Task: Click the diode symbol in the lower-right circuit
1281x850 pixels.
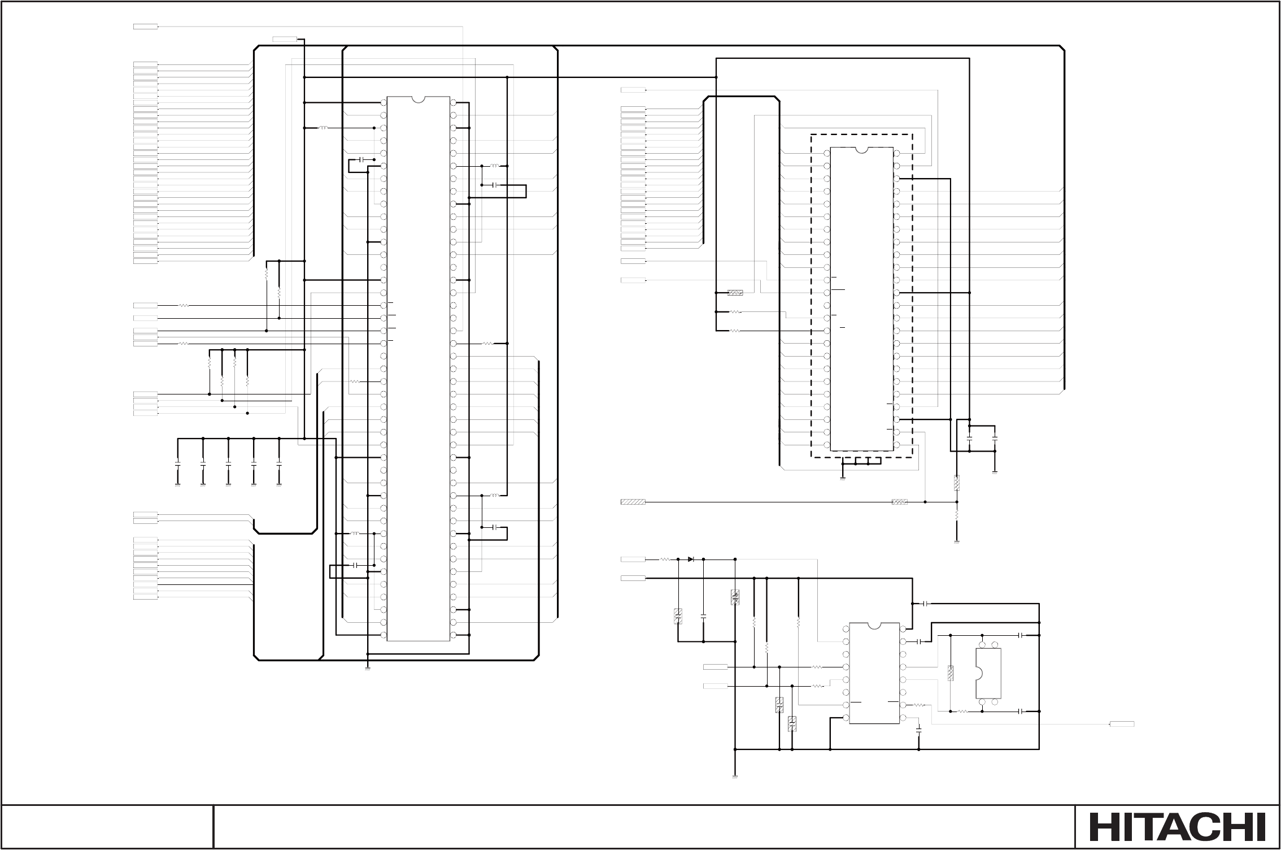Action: (691, 559)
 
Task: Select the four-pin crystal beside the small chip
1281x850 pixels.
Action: (988, 673)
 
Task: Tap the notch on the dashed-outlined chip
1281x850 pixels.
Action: (861, 150)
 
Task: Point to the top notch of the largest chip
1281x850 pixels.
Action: (418, 99)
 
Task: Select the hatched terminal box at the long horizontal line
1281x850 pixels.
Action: (633, 501)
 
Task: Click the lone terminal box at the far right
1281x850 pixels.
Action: (1122, 724)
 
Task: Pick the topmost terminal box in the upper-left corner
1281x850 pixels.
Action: (145, 27)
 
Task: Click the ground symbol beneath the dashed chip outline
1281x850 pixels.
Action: (842, 478)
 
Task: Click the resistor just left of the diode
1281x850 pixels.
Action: (665, 559)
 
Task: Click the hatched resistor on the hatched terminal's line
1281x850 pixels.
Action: (899, 501)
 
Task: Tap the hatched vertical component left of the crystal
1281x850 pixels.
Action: (951, 673)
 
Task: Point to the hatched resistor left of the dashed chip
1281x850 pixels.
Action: (735, 293)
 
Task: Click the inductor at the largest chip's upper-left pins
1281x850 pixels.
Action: (324, 128)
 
